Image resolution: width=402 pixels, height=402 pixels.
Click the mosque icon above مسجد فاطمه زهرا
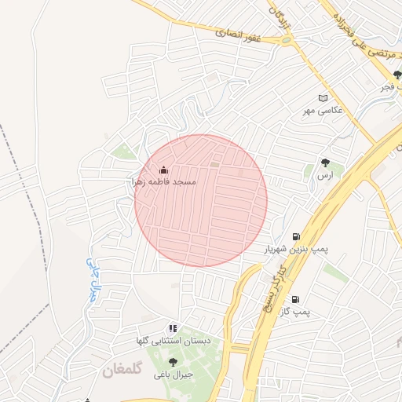point(163,170)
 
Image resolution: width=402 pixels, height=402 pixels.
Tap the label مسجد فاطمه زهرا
point(163,181)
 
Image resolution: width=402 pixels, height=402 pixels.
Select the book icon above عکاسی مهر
point(322,98)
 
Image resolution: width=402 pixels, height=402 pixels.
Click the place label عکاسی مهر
point(323,111)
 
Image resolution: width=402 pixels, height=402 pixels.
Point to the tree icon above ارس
point(325,163)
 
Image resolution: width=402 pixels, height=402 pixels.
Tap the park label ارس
point(325,176)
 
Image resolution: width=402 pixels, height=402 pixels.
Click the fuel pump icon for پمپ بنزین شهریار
point(296,236)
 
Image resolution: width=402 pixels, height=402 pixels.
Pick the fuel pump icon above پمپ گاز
point(295,299)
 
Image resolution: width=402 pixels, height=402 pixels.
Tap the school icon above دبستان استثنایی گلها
point(173,328)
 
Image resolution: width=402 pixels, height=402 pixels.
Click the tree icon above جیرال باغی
point(173,362)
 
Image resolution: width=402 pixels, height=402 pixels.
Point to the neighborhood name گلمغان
point(123,370)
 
